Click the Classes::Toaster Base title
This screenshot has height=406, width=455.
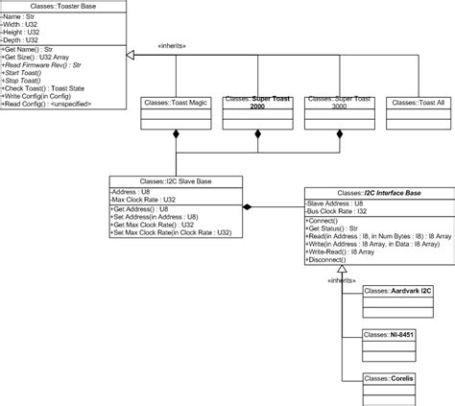pos(63,6)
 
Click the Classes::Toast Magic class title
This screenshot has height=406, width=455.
pos(175,101)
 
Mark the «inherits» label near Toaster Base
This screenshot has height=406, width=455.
pos(173,44)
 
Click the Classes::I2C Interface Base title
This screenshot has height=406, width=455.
pos(362,193)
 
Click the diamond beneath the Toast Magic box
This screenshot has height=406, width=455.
pos(175,136)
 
